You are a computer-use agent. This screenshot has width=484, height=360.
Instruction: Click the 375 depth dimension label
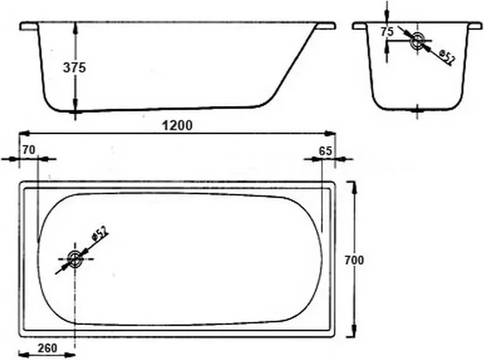point(75,68)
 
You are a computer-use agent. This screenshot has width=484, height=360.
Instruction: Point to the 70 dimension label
point(27,150)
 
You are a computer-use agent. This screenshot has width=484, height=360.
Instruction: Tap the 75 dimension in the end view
point(387,32)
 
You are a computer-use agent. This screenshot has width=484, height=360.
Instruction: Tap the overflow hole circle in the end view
point(417,41)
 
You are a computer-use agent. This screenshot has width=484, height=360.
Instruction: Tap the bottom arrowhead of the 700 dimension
point(353,335)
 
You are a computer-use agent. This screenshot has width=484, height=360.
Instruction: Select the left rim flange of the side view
point(28,26)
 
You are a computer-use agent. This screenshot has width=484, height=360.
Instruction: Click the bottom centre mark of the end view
point(417,111)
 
